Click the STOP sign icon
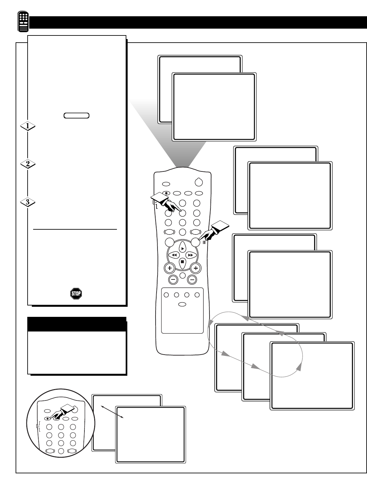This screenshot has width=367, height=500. [76, 294]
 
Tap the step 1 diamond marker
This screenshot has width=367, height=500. [28, 126]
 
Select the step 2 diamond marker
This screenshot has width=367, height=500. [28, 164]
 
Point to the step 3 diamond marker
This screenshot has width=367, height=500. [28, 202]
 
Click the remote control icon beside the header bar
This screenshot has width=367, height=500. [23, 22]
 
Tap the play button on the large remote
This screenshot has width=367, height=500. [183, 248]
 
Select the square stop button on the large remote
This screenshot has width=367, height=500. [183, 262]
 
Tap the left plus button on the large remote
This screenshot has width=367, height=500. [170, 268]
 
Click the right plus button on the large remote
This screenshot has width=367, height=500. [196, 268]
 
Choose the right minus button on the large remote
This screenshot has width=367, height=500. [192, 279]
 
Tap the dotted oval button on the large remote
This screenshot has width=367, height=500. [167, 193]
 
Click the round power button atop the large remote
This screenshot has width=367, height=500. [199, 182]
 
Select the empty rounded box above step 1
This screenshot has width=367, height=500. [77, 115]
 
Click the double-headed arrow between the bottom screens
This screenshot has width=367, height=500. [112, 412]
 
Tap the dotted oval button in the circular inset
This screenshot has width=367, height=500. [48, 419]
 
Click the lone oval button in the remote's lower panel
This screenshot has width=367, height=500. [182, 304]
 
